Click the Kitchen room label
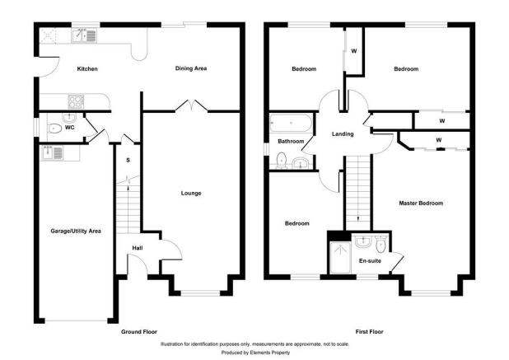(x=87, y=68)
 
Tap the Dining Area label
(x=190, y=68)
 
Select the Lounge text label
(x=191, y=194)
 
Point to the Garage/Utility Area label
(x=74, y=231)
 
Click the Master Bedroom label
(x=421, y=203)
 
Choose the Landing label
(x=343, y=133)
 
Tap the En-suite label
(x=370, y=262)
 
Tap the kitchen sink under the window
(x=84, y=35)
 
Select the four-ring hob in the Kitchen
(x=75, y=102)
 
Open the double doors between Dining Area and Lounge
(x=191, y=106)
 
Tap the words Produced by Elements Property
(x=254, y=352)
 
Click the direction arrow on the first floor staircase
(x=357, y=217)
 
